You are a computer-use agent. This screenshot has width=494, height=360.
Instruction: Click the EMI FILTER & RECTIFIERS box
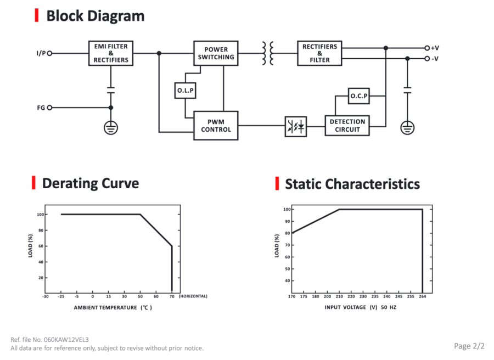pyautogui.click(x=111, y=53)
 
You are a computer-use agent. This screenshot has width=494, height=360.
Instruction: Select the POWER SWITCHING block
pyautogui.click(x=216, y=53)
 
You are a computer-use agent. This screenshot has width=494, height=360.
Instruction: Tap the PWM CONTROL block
pyautogui.click(x=216, y=126)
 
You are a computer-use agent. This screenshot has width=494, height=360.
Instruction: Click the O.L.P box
pyautogui.click(x=186, y=91)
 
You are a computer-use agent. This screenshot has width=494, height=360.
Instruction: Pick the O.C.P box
pyautogui.click(x=359, y=96)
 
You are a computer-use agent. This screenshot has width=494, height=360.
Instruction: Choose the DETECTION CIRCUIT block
pyautogui.click(x=347, y=126)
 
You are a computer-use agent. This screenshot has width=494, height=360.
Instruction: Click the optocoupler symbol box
pyautogui.click(x=296, y=127)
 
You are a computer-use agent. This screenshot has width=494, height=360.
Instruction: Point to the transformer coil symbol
pyautogui.click(x=268, y=53)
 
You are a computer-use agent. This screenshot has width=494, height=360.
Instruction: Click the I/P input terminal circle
pyautogui.click(x=49, y=53)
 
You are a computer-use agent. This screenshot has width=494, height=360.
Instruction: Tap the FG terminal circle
pyautogui.click(x=49, y=108)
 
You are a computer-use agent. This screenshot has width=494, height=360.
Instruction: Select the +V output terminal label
pyautogui.click(x=435, y=48)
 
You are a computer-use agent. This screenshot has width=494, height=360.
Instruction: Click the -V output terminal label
pyautogui.click(x=435, y=59)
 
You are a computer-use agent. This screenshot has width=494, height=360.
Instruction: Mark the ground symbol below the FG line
pyautogui.click(x=111, y=128)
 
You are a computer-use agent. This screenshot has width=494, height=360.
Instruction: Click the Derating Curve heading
pyautogui.click(x=91, y=183)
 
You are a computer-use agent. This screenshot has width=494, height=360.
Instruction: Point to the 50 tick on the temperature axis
pyautogui.click(x=140, y=296)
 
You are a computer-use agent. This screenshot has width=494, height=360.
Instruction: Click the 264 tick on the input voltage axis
pyautogui.click(x=423, y=296)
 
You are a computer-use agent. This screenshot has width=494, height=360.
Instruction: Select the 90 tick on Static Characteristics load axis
pyautogui.click(x=287, y=221)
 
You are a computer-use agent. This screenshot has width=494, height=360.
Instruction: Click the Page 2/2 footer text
pyautogui.click(x=469, y=346)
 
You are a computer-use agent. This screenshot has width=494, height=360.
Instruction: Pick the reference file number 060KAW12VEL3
pyautogui.click(x=66, y=340)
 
